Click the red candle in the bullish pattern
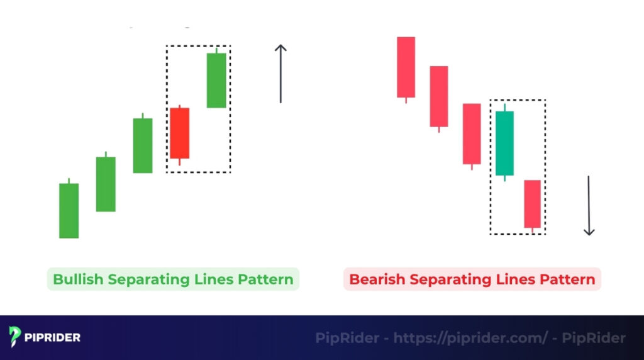tap(179, 133)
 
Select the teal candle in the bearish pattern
tap(504, 143)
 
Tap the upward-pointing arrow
tap(280, 74)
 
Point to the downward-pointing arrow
tap(589, 205)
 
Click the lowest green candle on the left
tap(69, 210)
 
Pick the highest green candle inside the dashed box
tap(216, 80)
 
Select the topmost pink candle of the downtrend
tap(406, 67)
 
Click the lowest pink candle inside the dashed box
tap(532, 203)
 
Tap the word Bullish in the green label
tap(79, 279)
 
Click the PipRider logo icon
tap(14, 337)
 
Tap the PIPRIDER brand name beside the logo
tap(53, 338)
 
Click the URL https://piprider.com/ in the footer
tap(470, 338)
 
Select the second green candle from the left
tap(106, 184)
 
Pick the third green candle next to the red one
tap(143, 145)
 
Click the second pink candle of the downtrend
tap(439, 96)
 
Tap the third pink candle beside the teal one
tap(472, 133)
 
